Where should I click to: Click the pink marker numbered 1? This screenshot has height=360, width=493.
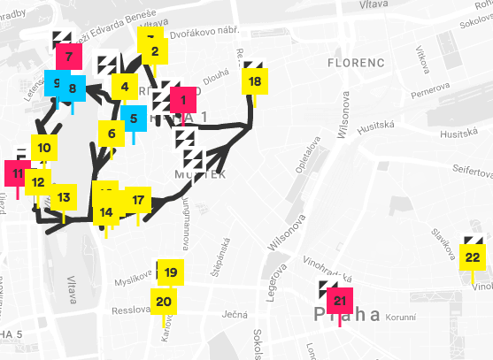(x=183, y=100)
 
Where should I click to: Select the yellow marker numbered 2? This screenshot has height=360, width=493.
(x=154, y=51)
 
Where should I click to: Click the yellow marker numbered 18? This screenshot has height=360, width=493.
(x=255, y=81)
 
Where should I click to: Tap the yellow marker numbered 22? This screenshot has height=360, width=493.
(x=473, y=257)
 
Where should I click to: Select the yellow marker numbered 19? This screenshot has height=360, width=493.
(x=171, y=272)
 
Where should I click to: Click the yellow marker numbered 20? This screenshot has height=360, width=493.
(x=164, y=301)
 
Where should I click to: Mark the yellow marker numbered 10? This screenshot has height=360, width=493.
(x=45, y=148)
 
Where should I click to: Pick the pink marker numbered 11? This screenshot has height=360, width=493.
(x=18, y=173)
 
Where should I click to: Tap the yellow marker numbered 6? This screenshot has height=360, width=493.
(x=112, y=134)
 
